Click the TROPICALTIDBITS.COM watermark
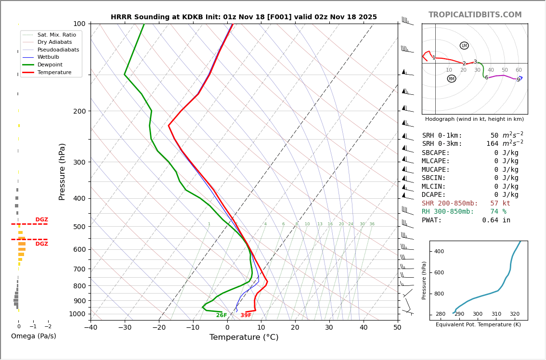pos(475,15)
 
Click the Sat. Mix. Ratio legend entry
pos(56,35)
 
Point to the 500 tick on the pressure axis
pos(79,227)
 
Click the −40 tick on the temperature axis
pos(91,328)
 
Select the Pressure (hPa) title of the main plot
pos(62,171)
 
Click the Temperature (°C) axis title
pos(244,337)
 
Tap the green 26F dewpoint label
pos(221,315)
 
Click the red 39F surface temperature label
pos(246,315)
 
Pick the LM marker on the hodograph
pos(464,46)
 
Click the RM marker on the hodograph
pos(451,78)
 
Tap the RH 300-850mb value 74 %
pos(498,212)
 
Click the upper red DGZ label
pos(41,220)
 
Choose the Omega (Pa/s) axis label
pos(34,336)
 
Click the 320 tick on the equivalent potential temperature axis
pos(515,314)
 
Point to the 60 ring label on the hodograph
pos(519,70)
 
